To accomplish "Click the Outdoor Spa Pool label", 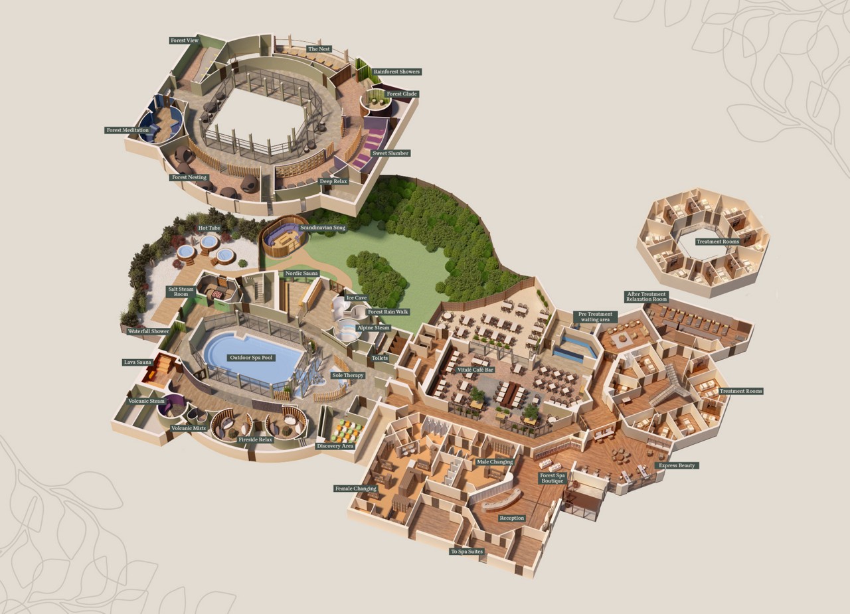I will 251,358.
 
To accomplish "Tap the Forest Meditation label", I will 127,130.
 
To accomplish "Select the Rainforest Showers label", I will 396,72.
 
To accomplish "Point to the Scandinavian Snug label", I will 323,228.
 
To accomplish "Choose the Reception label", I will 511,518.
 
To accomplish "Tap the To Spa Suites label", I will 467,552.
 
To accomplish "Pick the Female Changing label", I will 356,489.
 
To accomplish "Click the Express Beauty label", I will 677,465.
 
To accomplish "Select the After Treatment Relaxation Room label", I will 646,297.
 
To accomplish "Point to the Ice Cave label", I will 356,298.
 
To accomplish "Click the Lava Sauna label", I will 138,362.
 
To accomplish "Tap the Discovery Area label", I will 335,446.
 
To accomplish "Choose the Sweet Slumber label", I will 390,153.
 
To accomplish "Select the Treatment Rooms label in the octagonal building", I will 717,242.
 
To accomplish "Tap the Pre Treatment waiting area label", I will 595,317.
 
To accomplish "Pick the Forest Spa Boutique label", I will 552,478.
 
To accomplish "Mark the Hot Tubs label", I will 209,228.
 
